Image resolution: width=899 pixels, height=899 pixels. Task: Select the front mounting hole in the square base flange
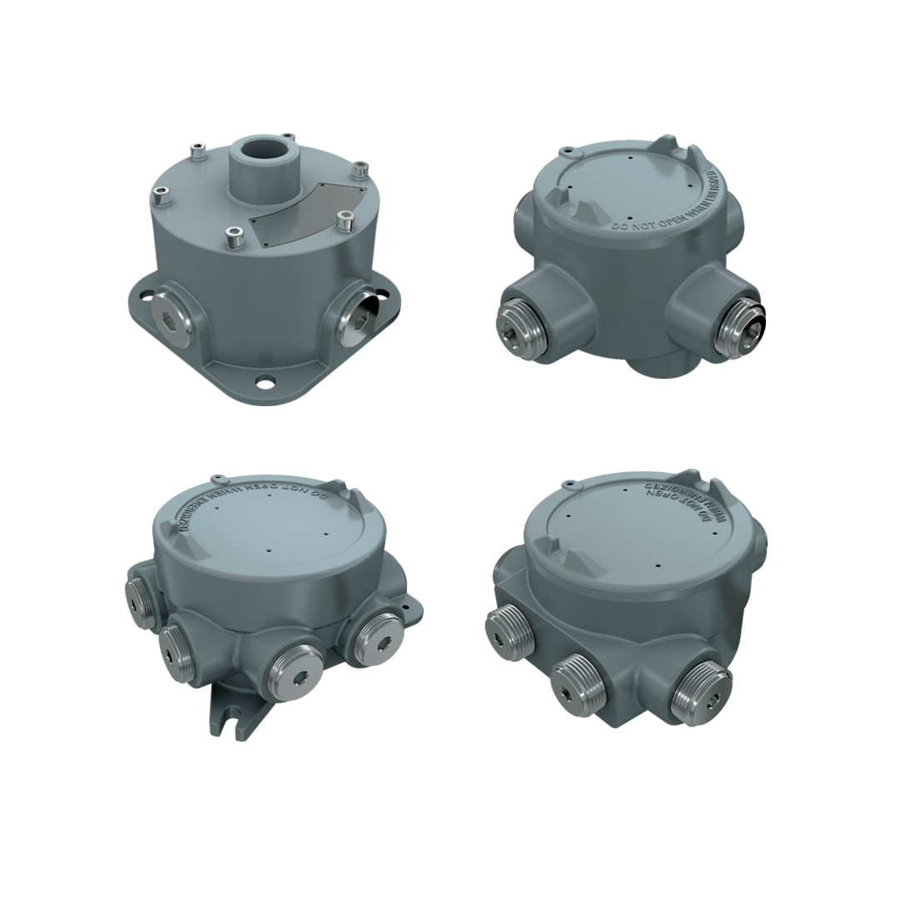(x=266, y=384)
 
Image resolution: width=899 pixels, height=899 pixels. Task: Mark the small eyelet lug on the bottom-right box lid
(x=570, y=483)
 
